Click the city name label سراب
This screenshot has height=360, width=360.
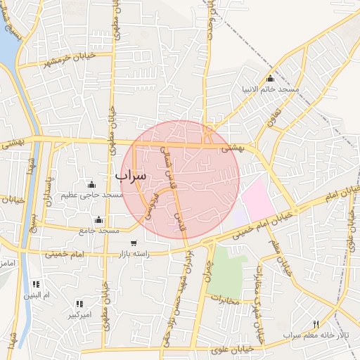pos(131,175)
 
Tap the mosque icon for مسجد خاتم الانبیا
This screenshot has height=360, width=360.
pos(271,79)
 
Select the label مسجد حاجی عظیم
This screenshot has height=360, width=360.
pos(92,194)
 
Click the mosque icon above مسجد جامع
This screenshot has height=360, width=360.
pos(98,219)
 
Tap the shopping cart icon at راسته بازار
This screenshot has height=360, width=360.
pos(134,243)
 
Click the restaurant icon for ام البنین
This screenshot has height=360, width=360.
pos(36,284)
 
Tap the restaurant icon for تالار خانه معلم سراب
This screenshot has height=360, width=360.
pos(316,324)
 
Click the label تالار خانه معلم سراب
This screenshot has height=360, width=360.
pos(316,335)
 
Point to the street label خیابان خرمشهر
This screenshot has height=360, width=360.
pos(65,58)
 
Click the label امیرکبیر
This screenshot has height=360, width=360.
pos(79,315)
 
